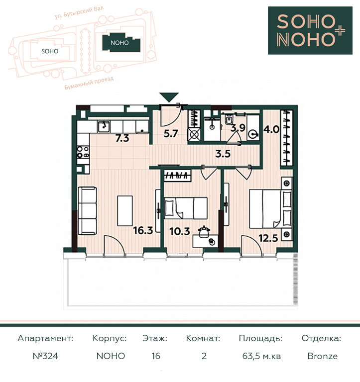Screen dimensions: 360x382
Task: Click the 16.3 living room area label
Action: (143, 230)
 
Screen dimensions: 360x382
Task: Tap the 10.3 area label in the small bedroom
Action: (180, 231)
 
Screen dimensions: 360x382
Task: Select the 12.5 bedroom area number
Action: (268, 238)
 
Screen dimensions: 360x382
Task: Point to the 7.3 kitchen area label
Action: (122, 138)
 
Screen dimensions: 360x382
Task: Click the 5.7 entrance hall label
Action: (171, 133)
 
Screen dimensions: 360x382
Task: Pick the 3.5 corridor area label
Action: (223, 154)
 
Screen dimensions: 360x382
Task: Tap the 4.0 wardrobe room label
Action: (271, 129)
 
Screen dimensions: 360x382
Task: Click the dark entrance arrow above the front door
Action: (170, 97)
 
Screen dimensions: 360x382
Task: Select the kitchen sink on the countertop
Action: (104, 126)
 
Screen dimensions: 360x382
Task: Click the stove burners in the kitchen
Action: (83, 152)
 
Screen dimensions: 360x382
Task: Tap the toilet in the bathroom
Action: (229, 119)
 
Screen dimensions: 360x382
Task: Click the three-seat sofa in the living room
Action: (87, 211)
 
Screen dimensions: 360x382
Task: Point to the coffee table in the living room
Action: (125, 211)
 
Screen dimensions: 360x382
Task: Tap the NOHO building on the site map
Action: (121, 43)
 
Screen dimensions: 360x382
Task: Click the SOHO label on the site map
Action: (50, 51)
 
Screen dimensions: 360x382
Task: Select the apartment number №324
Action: (45, 356)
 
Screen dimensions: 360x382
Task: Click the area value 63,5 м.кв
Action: (261, 357)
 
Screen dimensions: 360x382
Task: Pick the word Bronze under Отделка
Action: (323, 356)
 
